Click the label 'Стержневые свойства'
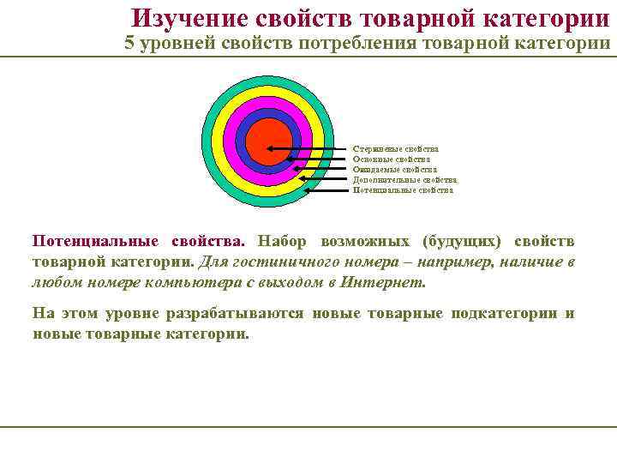[x=395, y=149]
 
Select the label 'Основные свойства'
[x=392, y=159]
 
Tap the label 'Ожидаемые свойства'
[x=394, y=170]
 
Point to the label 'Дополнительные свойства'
[x=404, y=180]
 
